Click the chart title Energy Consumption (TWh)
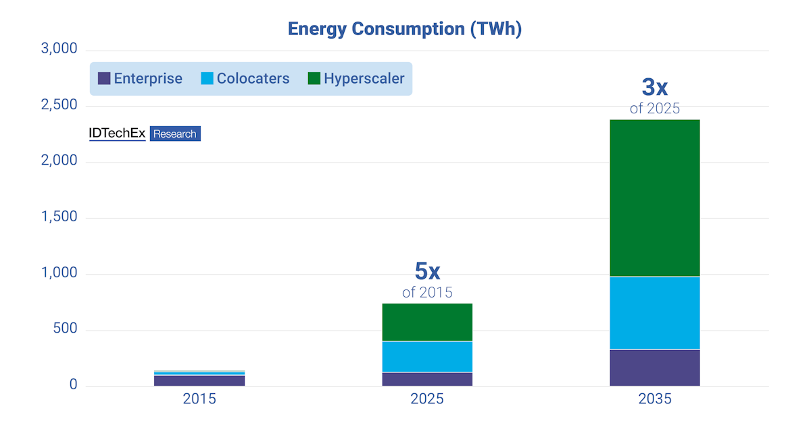coord(405,29)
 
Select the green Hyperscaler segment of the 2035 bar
coord(654,198)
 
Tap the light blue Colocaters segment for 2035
coord(654,312)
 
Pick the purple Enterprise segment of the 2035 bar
coord(654,368)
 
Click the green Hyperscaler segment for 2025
coord(427,322)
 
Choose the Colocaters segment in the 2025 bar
coord(427,356)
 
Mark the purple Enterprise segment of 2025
coord(427,379)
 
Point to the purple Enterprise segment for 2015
coord(199,380)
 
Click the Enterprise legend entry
coord(141,78)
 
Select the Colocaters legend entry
coord(245,78)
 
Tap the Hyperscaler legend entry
coord(356,78)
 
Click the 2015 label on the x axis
coord(199,399)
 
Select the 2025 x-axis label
coord(427,399)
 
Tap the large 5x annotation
coord(427,271)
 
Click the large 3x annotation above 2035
coord(654,87)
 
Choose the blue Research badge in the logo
coord(175,134)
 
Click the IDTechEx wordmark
coord(117,134)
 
